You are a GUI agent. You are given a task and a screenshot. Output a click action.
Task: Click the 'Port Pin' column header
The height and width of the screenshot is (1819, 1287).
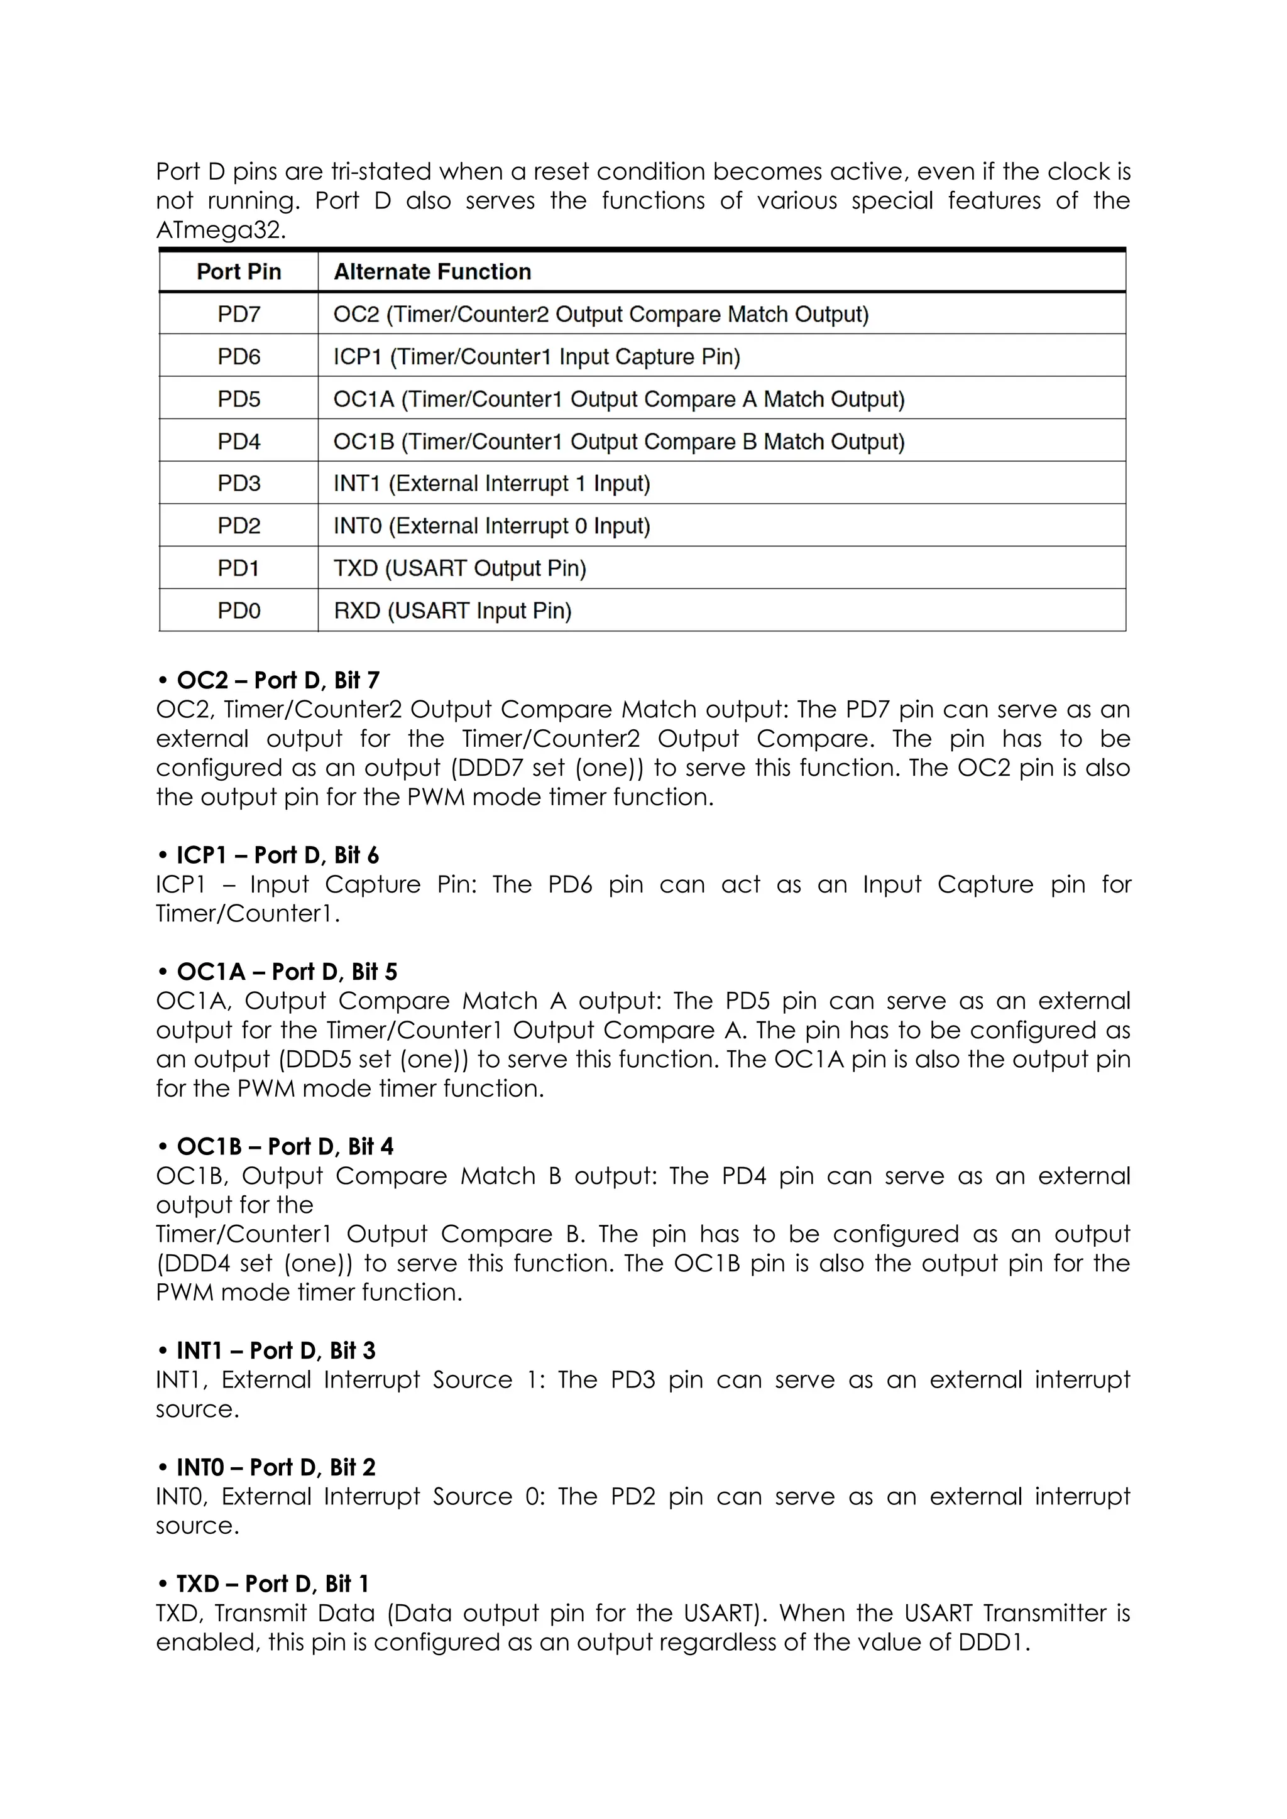click(239, 272)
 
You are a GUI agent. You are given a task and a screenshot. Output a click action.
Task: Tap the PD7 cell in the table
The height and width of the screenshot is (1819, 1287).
click(239, 315)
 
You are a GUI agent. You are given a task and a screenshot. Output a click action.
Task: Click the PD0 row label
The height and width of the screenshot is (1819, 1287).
click(239, 611)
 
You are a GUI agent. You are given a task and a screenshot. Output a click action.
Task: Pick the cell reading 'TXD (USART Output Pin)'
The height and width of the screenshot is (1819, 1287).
click(459, 568)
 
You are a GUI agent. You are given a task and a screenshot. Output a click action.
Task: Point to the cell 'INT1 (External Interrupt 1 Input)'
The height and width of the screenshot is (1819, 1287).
click(491, 483)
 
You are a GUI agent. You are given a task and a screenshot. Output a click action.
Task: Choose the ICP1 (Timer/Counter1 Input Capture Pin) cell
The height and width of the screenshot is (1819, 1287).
click(537, 357)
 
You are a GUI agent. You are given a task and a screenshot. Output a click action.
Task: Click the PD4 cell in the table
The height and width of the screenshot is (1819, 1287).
click(239, 442)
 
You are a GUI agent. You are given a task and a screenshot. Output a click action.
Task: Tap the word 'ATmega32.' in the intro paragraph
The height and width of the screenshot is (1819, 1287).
click(221, 231)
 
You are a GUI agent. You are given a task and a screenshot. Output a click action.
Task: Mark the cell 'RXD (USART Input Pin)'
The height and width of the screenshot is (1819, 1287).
click(452, 611)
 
